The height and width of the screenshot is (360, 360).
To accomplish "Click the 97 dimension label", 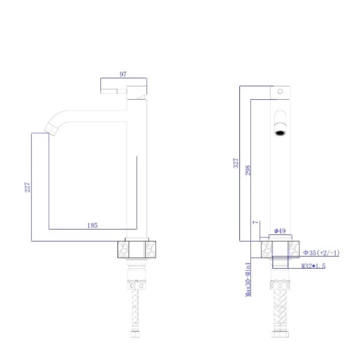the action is click(x=123, y=74).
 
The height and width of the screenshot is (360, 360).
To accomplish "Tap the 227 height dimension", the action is click(x=27, y=187).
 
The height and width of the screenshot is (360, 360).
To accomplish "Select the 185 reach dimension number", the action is click(x=92, y=225).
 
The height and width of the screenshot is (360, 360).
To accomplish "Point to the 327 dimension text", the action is click(x=236, y=163).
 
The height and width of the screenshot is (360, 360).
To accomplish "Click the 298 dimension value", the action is click(x=248, y=170).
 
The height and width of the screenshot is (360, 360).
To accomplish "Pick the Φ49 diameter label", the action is click(x=280, y=231).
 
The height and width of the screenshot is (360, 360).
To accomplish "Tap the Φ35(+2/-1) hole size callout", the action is click(x=321, y=253).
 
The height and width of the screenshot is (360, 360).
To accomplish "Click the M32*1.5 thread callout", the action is click(x=313, y=266).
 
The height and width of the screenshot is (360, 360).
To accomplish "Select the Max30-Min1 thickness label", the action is click(x=248, y=279).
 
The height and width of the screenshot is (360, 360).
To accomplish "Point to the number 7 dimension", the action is click(x=255, y=222).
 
